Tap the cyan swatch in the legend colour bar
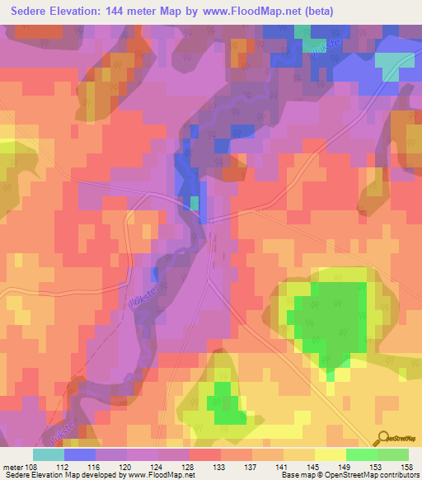48,454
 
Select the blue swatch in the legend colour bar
80,454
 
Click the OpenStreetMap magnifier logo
383,439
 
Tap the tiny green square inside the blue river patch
195,203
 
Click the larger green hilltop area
334,318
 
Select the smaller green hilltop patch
224,402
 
